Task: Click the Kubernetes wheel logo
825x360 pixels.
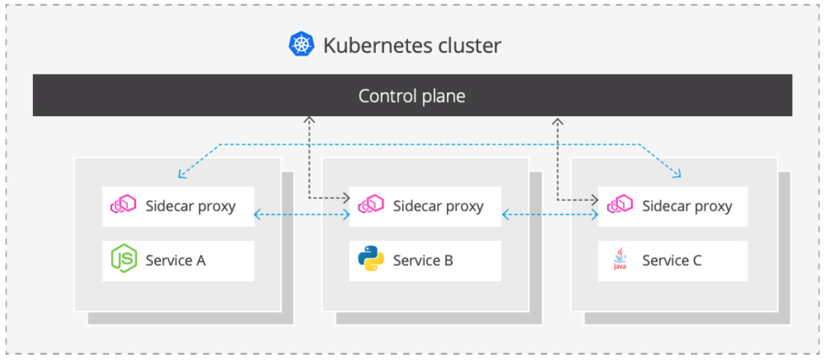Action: coord(301,45)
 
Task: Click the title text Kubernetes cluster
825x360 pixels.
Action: coord(412,45)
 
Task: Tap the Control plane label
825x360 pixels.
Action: coord(412,96)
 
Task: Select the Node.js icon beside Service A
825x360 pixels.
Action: coord(124,260)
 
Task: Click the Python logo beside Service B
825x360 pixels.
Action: coord(371,260)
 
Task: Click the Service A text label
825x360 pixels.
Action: coord(176,260)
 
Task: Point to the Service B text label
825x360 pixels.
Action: coord(423,260)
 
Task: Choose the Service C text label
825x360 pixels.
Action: coord(671,260)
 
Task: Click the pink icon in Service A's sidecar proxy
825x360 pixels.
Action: coord(124,206)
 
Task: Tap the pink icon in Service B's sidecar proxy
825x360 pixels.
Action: coord(371,206)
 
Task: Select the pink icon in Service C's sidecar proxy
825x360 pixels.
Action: coord(620,206)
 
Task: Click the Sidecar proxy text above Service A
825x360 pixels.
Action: coord(190,206)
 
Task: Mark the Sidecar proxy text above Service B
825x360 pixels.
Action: coord(438,206)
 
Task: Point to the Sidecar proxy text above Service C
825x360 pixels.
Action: coord(687,206)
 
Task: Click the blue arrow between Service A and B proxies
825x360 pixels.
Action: coord(301,214)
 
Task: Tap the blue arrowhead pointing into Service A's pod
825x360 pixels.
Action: coord(181,176)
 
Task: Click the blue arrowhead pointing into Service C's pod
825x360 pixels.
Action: coord(678,175)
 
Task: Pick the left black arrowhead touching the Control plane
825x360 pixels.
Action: coord(309,119)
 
